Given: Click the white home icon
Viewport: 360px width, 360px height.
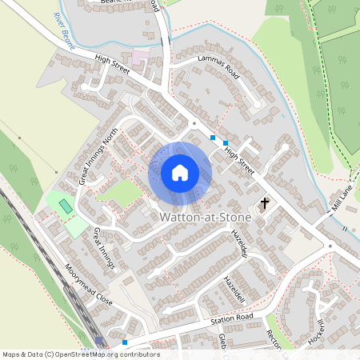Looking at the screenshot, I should pos(180,173).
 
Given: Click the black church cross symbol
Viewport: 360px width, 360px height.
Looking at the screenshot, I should pos(265,204).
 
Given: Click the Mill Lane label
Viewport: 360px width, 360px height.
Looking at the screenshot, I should pos(342,198).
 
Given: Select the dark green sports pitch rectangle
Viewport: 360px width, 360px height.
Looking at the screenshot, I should pos(64,206).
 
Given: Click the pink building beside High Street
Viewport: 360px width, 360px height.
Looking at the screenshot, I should pos(141,58).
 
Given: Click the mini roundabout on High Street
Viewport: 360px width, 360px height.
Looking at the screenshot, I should pos(193,124).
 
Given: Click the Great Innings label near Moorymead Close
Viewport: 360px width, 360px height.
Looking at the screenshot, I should pos(105,248).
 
